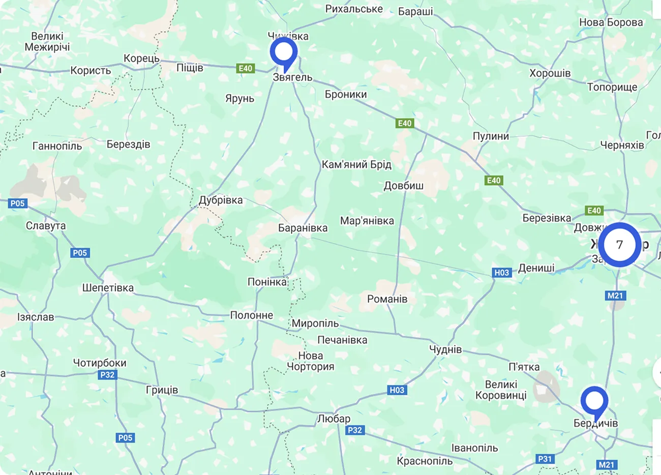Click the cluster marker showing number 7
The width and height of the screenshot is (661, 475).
(x=619, y=245)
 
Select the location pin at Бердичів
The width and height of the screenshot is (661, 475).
(x=594, y=401)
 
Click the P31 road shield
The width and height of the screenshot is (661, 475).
(x=545, y=459)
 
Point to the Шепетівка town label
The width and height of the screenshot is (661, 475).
(x=108, y=288)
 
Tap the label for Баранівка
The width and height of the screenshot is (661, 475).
(x=303, y=228)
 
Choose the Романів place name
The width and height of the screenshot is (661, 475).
(x=387, y=299)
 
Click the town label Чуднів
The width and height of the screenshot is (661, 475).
(x=445, y=349)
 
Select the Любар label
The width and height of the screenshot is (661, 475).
(x=334, y=419)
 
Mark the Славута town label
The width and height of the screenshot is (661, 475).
(x=46, y=226)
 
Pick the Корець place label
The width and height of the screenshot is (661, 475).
(x=141, y=58)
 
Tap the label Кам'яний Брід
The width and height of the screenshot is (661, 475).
(x=356, y=165)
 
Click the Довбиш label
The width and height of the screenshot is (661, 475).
(x=403, y=186)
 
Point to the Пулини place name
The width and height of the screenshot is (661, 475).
(x=491, y=136)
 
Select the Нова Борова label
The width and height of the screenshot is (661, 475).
(x=611, y=22)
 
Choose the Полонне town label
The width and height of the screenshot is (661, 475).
(x=252, y=315)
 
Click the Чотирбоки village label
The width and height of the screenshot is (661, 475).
(x=100, y=363)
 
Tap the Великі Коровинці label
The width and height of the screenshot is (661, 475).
(x=501, y=390)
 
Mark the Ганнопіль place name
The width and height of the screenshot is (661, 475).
(x=57, y=146)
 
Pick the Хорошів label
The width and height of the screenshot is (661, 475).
(x=550, y=73)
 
